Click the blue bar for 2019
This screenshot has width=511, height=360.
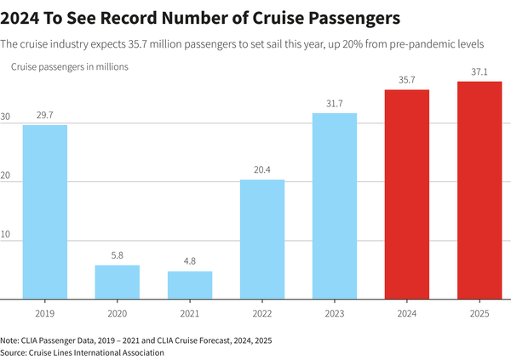click(x=44, y=212)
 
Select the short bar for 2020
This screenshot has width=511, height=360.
click(x=117, y=283)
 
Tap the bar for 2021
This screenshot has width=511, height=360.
click(x=189, y=285)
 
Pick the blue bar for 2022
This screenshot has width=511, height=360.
click(x=262, y=239)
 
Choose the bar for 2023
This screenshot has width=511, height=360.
click(x=335, y=206)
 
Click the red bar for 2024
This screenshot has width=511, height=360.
click(x=407, y=194)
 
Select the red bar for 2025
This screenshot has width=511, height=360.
click(x=479, y=190)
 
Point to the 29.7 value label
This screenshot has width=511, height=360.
click(x=44, y=114)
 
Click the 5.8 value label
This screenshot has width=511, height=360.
click(x=117, y=255)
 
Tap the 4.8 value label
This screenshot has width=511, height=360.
click(x=189, y=261)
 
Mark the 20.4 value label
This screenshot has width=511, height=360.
click(x=262, y=169)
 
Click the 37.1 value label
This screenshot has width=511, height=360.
click(x=479, y=71)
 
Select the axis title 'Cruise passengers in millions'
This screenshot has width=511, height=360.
click(x=69, y=66)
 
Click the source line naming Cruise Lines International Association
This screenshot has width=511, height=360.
click(x=83, y=351)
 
